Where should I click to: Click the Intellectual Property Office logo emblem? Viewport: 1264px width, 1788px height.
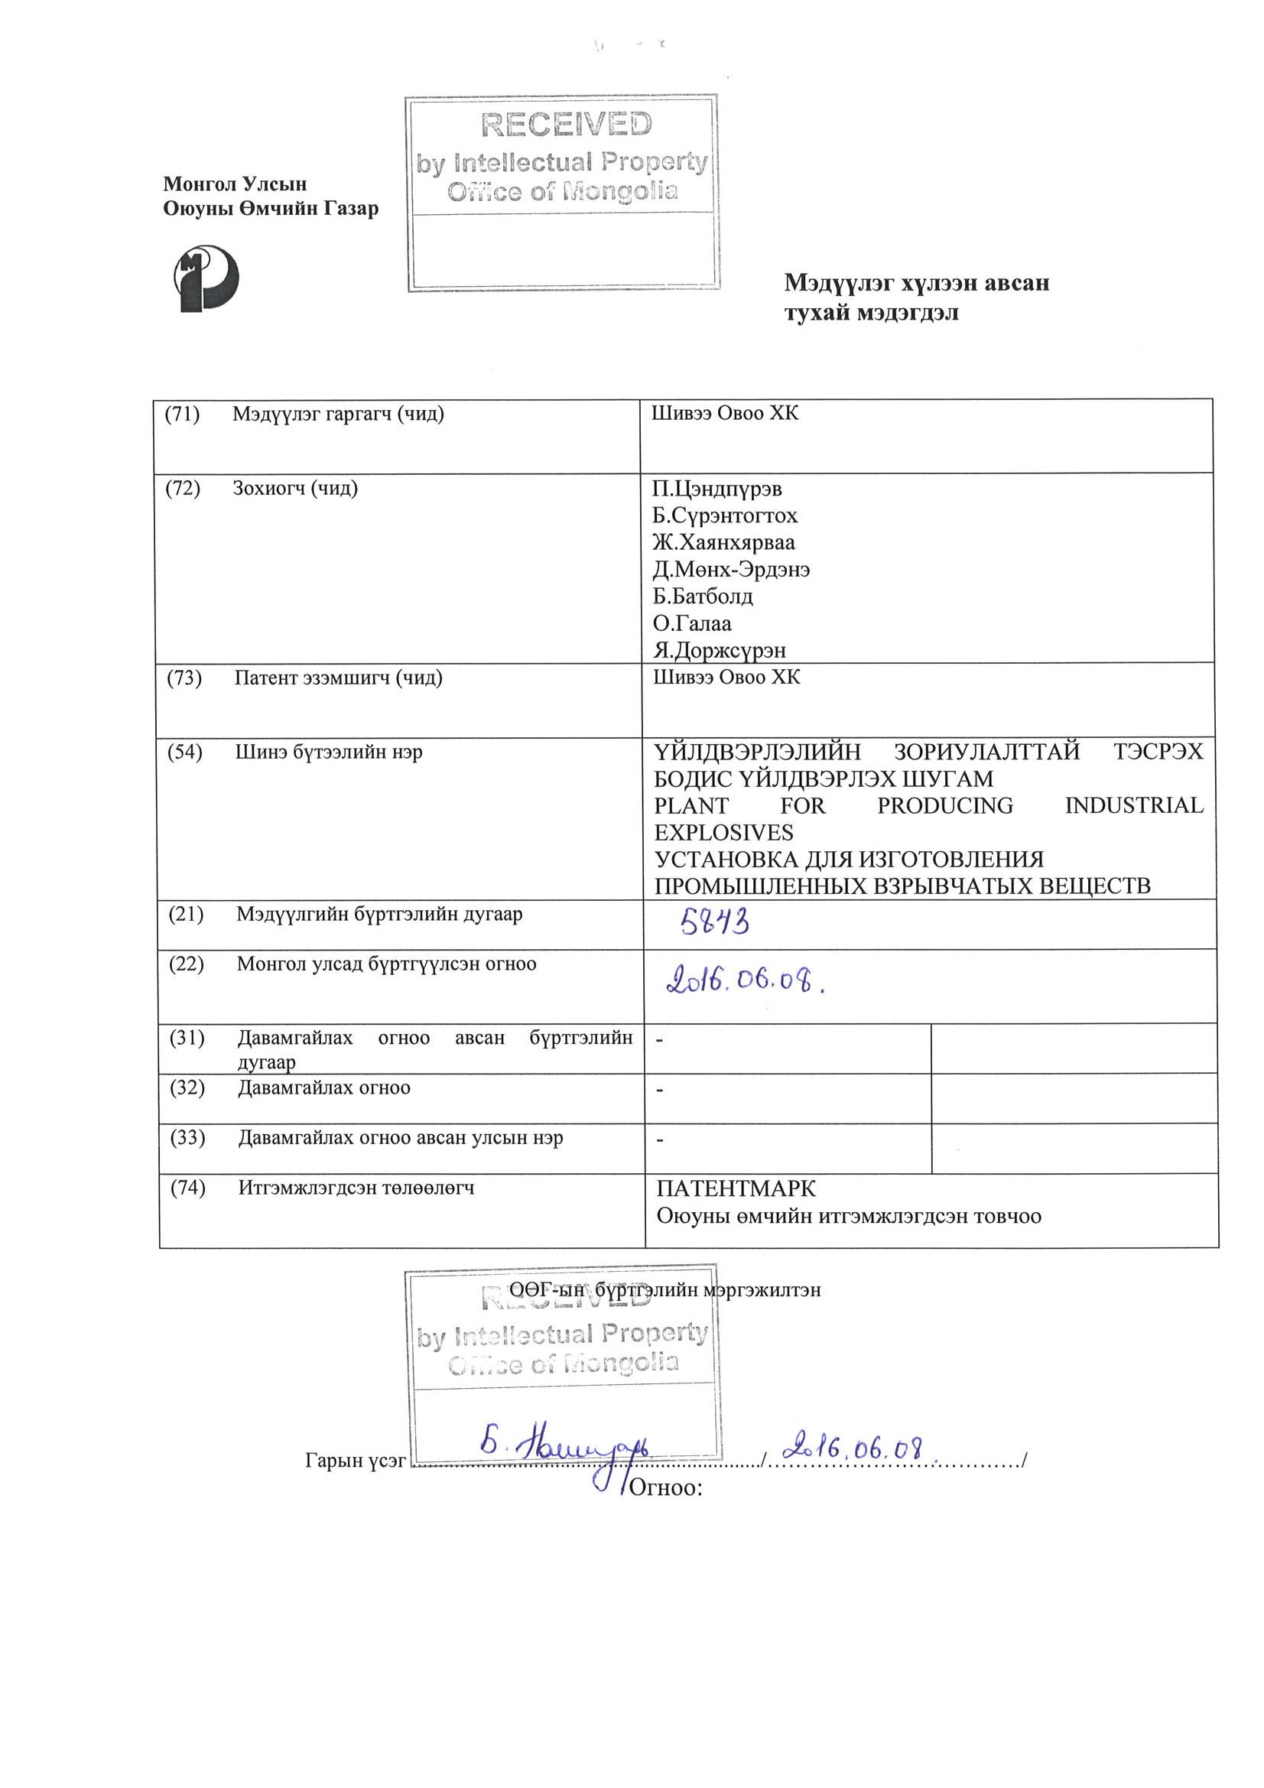click(205, 279)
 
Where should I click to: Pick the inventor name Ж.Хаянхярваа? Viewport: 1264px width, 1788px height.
click(724, 543)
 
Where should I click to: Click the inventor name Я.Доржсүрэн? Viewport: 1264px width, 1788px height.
click(720, 650)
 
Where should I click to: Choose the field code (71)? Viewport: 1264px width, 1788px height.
click(182, 414)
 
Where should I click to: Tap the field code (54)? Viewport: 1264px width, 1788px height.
click(185, 753)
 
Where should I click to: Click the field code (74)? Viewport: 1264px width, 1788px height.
click(187, 1188)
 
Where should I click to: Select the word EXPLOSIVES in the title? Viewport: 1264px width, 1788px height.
click(723, 833)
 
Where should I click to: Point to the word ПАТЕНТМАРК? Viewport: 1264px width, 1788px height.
click(736, 1189)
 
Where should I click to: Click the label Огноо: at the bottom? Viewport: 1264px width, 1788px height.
click(666, 1488)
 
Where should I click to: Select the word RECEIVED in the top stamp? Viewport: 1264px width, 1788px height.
click(566, 125)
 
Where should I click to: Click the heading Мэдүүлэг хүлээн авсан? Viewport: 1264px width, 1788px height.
click(917, 283)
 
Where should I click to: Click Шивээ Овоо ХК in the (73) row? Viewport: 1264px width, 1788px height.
click(726, 678)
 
